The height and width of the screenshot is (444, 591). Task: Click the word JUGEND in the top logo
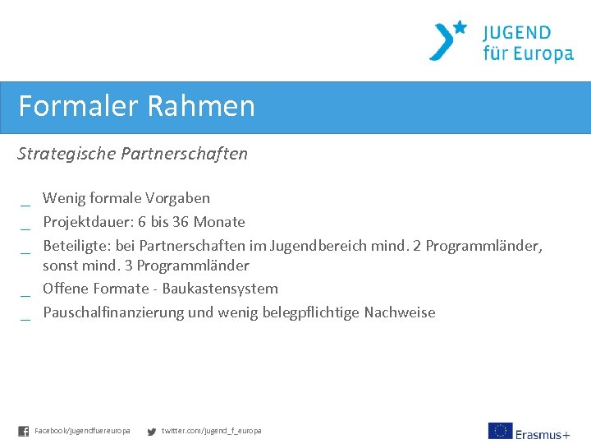[516, 33]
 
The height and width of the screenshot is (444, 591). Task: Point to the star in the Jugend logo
[460, 27]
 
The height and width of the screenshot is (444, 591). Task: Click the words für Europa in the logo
[528, 54]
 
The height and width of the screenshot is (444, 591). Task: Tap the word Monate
[219, 222]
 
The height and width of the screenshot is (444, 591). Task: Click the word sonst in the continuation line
[60, 266]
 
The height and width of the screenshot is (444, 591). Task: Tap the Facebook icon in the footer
[23, 431]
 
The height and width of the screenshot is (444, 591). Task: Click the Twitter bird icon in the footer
[151, 431]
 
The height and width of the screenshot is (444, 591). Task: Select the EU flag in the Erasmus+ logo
[500, 431]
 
